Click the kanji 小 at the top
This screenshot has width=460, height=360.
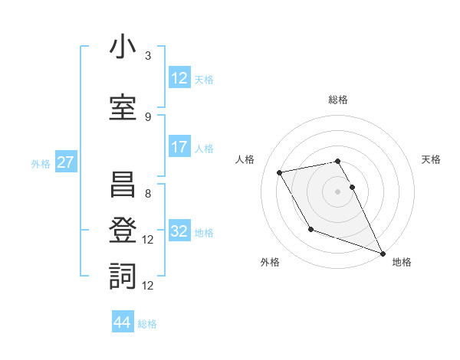tap(123, 47)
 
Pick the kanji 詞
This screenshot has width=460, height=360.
tap(123, 275)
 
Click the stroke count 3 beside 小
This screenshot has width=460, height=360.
tap(148, 56)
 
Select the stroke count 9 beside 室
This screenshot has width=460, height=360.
tap(148, 116)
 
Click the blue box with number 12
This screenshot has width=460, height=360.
tap(179, 77)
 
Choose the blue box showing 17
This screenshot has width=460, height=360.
tap(179, 147)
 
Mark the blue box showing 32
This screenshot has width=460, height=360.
tap(179, 231)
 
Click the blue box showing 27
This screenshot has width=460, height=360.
tap(65, 162)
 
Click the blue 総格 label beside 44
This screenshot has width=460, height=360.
tap(147, 324)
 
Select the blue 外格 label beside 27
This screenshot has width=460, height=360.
tap(41, 163)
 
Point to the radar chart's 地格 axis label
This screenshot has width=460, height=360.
tap(402, 262)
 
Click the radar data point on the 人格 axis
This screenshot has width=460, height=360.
tap(280, 173)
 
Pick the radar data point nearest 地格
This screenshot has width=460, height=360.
tap(383, 254)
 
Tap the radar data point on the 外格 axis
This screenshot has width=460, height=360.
tap(310, 229)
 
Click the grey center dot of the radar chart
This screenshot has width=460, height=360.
tap(338, 191)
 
